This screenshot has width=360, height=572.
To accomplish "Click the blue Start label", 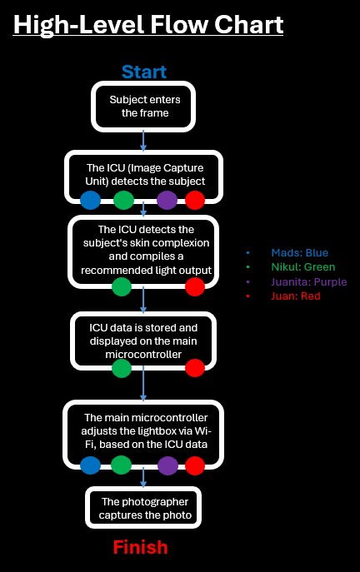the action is point(144,72).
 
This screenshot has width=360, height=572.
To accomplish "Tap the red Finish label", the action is point(140,547).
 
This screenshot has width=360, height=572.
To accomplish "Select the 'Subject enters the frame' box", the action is point(143,107).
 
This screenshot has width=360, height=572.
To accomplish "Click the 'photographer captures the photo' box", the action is point(143,508).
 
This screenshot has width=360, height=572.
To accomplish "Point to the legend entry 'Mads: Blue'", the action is point(299,253).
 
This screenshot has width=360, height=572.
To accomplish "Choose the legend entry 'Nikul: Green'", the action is point(303,267).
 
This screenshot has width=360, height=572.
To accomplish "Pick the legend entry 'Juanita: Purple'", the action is point(309,281).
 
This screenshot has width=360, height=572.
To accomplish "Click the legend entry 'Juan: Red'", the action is point(296,296).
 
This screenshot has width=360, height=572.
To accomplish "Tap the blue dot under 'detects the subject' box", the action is point(90,201).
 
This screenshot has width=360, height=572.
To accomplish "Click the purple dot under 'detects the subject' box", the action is point(167,201).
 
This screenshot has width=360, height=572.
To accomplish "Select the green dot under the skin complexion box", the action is point(122,286).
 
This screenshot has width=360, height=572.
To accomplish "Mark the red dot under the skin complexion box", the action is point(195,286).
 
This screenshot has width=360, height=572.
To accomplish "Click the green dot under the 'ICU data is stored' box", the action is point(122,368).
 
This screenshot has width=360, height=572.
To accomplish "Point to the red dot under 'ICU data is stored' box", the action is point(195,368).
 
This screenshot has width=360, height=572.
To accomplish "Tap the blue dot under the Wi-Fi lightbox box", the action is point(90,465).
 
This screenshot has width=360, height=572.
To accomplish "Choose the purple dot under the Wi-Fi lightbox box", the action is point(168,465).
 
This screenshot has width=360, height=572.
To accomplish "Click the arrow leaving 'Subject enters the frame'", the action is point(143,141).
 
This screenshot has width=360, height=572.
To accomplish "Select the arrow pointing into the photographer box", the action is point(143,478).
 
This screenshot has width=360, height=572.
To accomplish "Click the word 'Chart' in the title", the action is point(248,24).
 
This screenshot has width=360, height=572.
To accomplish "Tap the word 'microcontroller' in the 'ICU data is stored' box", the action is point(143,355).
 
